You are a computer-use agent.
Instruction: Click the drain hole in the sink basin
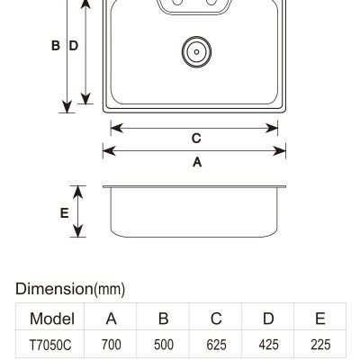(x=196, y=51)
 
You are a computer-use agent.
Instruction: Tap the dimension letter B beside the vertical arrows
(x=56, y=46)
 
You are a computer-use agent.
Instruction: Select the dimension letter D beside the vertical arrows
(x=74, y=46)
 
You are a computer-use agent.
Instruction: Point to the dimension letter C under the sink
(x=196, y=139)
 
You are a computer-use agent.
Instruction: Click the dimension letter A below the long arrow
(x=197, y=162)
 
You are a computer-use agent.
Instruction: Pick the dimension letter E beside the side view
(x=65, y=213)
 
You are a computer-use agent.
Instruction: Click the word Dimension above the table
(x=54, y=289)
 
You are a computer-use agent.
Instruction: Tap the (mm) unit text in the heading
(x=110, y=290)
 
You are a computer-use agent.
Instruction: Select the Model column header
(x=52, y=319)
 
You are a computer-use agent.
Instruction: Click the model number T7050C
(x=50, y=345)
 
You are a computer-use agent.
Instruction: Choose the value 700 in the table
(x=112, y=345)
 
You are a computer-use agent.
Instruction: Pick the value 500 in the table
(x=164, y=345)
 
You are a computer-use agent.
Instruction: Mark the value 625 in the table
(x=216, y=345)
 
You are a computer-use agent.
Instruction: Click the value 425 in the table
(x=268, y=345)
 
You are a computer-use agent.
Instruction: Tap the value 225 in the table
(x=320, y=345)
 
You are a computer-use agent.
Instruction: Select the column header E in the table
(x=320, y=319)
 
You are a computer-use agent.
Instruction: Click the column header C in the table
(x=216, y=319)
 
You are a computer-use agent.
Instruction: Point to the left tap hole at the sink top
(x=177, y=2)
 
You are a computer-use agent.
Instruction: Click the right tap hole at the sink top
(x=211, y=2)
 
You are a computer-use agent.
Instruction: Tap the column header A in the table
(x=112, y=319)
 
